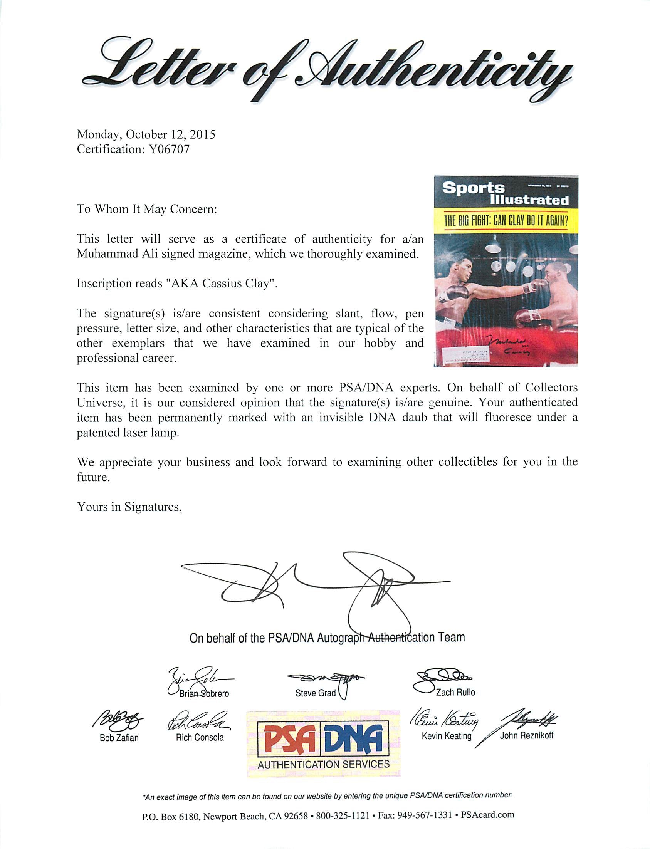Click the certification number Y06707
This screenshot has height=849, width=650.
[169, 149]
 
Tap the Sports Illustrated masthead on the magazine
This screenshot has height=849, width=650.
[505, 193]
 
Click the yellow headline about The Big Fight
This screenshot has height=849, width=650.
[506, 221]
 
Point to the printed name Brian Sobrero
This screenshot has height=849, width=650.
[204, 693]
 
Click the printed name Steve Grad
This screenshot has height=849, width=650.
[315, 693]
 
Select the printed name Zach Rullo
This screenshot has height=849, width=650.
[455, 692]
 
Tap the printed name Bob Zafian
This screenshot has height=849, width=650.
[119, 738]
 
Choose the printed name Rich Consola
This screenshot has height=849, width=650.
[200, 737]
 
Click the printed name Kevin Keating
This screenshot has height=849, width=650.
[447, 736]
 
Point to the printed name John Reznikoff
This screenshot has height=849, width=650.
[526, 735]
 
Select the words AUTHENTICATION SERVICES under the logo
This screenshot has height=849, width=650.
[323, 764]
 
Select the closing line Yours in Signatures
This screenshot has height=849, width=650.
[129, 507]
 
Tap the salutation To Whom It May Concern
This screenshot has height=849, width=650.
[147, 209]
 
